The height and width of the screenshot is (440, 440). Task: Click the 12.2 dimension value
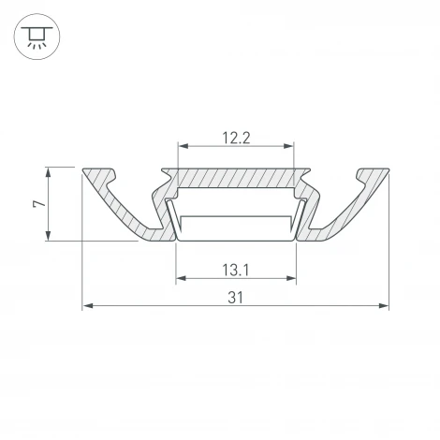point(236,138)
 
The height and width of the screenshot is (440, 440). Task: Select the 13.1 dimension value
point(236,271)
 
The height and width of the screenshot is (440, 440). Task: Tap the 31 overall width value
point(236,298)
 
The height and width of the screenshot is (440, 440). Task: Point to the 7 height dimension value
point(39,204)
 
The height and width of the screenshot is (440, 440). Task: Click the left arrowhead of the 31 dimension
point(88,306)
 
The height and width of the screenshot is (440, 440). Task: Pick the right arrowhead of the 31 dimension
point(384,306)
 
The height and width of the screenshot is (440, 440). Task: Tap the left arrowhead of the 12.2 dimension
point(183,146)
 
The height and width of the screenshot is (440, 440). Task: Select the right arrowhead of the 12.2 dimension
point(288,146)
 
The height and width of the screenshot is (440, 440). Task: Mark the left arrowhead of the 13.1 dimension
point(181,278)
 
